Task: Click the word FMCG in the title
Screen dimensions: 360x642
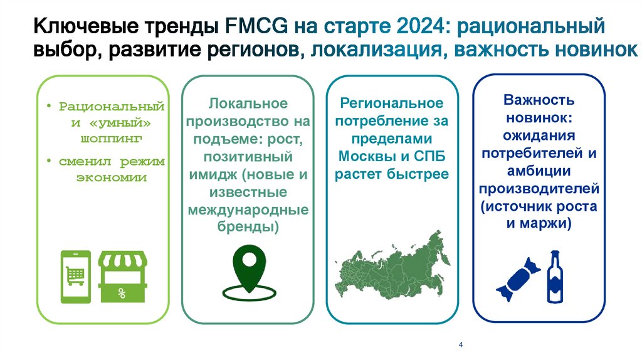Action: [x=253, y=27]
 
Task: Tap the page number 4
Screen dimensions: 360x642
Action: [x=461, y=346]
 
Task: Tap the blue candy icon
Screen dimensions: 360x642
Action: [x=518, y=278]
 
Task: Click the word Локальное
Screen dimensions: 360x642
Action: [x=248, y=103]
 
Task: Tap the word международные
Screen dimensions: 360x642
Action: [x=248, y=209]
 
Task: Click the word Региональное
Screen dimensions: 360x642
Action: [x=392, y=103]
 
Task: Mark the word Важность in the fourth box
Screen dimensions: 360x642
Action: [x=539, y=100]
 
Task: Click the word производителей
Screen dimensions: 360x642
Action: [x=539, y=188]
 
